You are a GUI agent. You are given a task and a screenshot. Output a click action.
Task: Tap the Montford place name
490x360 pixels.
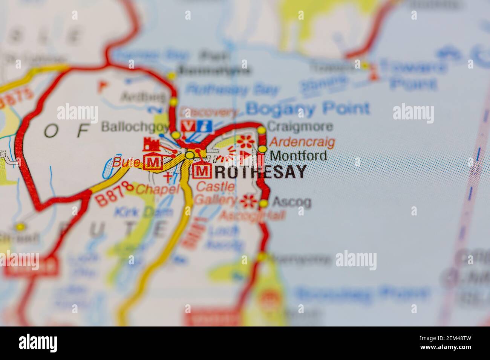299,155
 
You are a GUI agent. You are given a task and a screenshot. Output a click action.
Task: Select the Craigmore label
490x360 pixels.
300,126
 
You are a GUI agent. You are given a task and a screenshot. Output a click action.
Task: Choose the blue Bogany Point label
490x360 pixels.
308,109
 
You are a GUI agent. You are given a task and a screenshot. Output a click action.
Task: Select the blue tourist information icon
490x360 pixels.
207,126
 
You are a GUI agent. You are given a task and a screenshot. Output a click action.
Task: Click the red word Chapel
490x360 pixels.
158,189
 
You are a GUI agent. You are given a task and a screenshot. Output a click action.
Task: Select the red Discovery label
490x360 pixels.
209,112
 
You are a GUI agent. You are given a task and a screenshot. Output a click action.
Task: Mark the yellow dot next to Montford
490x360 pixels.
262,149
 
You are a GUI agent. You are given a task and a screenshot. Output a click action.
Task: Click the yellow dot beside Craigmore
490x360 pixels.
262,130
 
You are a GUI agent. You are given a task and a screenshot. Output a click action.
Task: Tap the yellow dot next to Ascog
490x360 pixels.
263,204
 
